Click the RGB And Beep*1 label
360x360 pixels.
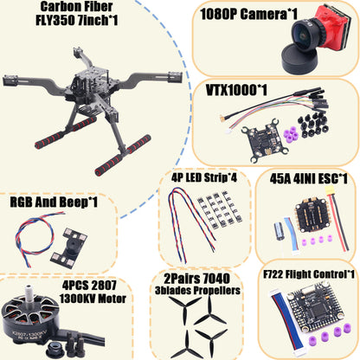(53, 202)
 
